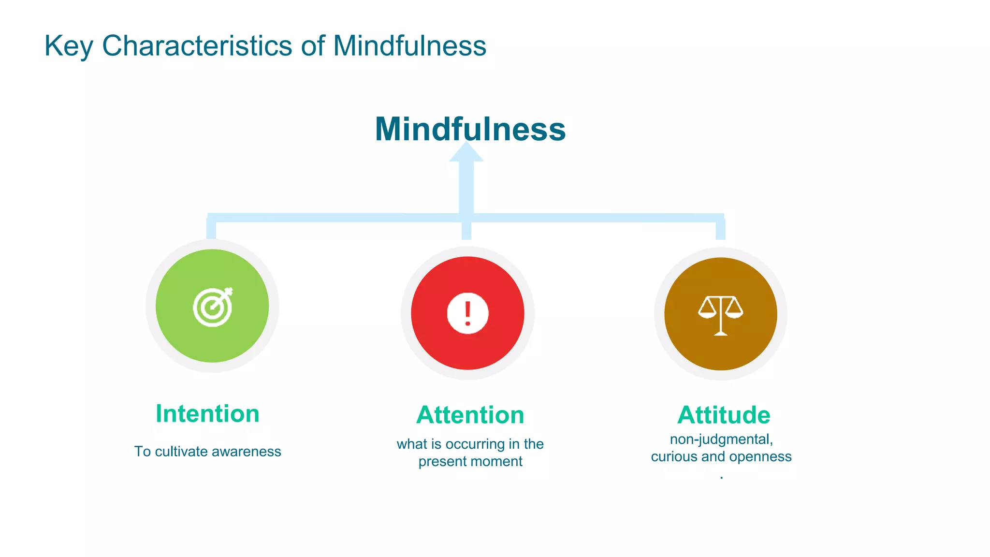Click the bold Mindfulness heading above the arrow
point(470,129)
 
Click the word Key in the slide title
point(68,46)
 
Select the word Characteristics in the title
point(197,46)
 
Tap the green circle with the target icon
point(212,306)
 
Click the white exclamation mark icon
point(467,313)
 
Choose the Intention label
point(207,414)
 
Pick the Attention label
point(470,415)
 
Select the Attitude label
point(724,415)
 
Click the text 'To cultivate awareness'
point(207,452)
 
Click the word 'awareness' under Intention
point(247,452)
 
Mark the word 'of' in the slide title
point(313,46)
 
